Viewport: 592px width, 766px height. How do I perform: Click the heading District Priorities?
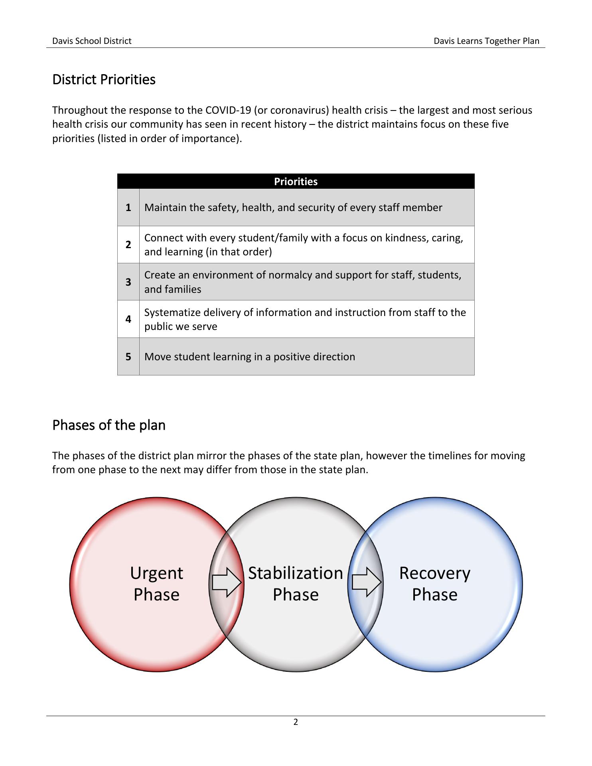[x=104, y=79]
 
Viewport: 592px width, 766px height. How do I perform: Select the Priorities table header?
[x=296, y=182]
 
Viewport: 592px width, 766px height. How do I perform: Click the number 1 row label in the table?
[x=128, y=207]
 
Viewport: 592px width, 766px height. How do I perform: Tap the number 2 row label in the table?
[x=128, y=245]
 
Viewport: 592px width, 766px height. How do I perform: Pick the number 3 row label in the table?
[x=128, y=282]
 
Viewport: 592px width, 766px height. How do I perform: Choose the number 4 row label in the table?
[x=128, y=319]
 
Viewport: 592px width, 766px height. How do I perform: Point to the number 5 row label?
[x=128, y=357]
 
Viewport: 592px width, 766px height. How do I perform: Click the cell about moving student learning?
[x=250, y=357]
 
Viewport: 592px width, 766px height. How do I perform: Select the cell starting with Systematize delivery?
[x=305, y=319]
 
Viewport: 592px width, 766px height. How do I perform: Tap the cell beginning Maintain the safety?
[x=293, y=207]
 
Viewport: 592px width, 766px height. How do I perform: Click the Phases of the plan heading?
[x=109, y=425]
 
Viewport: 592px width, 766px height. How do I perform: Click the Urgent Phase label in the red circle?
[x=156, y=584]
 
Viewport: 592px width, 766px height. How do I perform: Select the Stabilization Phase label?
[x=296, y=584]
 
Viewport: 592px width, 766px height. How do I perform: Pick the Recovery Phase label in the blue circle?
[x=435, y=584]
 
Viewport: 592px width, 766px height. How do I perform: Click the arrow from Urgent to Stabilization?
[x=227, y=582]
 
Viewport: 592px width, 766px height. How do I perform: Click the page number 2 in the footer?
[x=296, y=722]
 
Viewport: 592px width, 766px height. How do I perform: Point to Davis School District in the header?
[x=92, y=41]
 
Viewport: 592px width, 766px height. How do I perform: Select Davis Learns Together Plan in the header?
[x=486, y=41]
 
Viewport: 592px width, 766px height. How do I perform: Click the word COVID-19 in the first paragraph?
[x=228, y=110]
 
